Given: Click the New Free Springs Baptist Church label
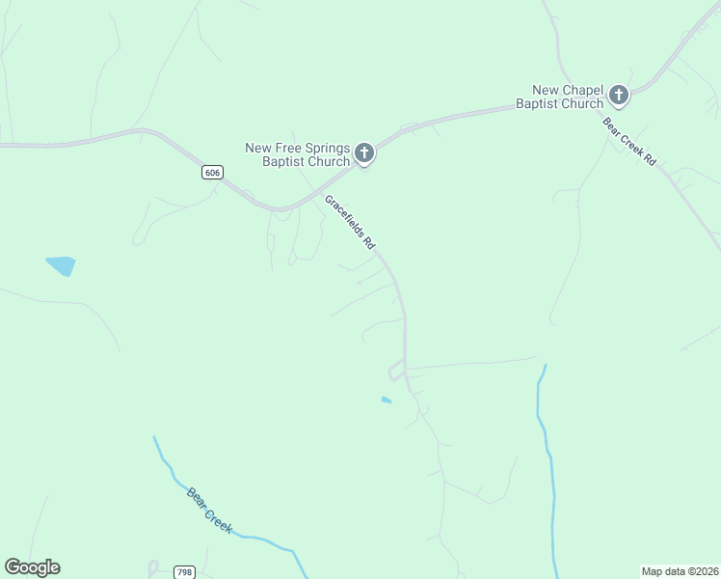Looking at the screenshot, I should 298,154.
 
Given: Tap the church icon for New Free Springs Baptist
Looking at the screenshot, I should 364,152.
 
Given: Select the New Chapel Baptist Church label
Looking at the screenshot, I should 559,96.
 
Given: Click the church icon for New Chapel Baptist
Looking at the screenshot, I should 618,96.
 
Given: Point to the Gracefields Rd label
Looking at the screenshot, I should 349,224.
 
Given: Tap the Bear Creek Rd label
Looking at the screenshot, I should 628,142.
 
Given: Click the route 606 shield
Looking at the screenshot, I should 213,172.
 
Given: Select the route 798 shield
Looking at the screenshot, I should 185,572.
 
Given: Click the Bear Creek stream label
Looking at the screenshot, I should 209,510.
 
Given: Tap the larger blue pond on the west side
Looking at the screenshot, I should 60,265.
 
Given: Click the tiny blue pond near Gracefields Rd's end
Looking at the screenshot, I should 387,400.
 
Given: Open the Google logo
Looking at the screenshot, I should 32,567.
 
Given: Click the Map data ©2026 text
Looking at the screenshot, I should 680,571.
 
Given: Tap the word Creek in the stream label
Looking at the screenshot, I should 218,519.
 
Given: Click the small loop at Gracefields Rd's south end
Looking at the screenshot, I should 396,370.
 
